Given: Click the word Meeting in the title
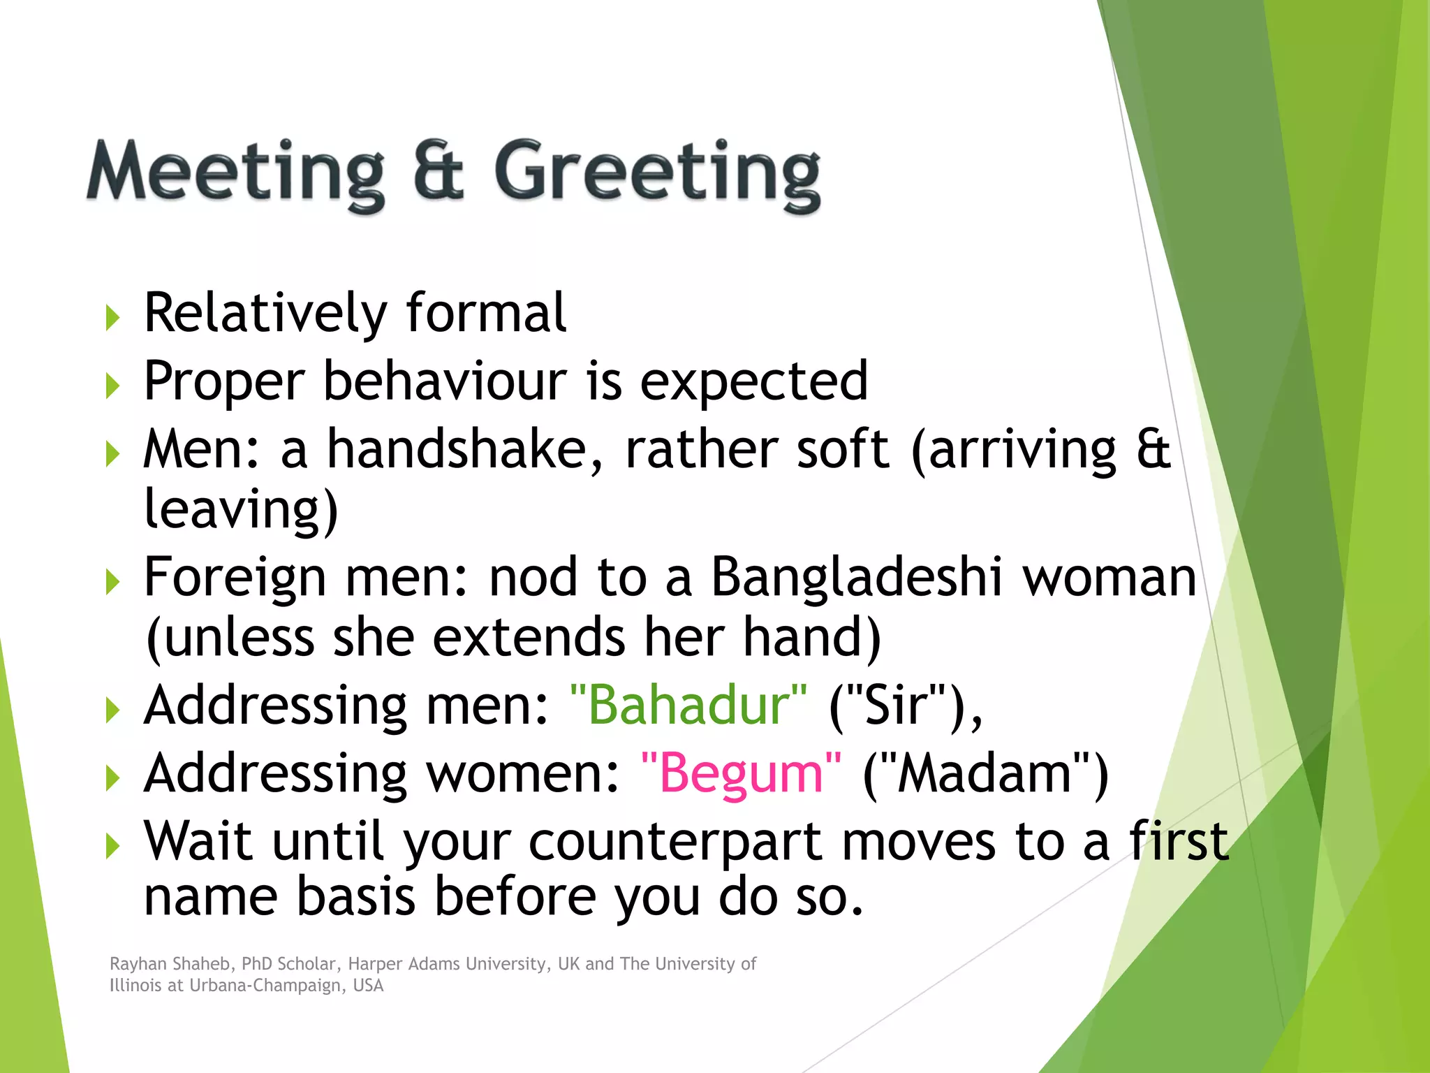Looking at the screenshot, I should tap(235, 173).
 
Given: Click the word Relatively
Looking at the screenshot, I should tap(265, 314).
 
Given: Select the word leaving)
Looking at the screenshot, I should tap(241, 509).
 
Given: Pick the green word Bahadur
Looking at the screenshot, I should tap(688, 705).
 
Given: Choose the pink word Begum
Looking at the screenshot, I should tap(741, 773).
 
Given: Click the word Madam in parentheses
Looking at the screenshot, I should tap(985, 773).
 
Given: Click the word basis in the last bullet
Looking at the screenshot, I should tap(355, 897).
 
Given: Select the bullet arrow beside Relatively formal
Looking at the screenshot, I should tap(112, 318).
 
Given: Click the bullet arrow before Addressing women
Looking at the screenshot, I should tap(112, 778).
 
